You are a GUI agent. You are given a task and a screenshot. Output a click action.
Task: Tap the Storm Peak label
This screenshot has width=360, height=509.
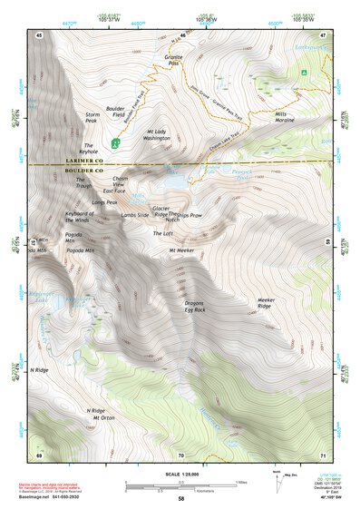point(92,119)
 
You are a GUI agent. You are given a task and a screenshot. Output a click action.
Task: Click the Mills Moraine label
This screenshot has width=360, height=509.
point(287,118)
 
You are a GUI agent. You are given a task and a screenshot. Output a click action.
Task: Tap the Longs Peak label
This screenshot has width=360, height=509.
point(105,202)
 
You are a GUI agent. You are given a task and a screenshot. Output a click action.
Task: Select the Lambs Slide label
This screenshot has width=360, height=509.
point(129,215)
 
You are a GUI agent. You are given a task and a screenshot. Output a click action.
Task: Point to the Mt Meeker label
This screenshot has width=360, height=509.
point(181,250)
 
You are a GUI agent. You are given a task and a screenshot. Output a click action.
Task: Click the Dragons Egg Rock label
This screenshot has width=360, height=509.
point(195,308)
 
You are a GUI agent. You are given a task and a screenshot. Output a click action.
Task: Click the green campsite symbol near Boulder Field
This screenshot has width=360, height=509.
point(115,142)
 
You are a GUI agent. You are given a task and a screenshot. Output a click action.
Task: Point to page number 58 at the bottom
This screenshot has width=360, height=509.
point(181,499)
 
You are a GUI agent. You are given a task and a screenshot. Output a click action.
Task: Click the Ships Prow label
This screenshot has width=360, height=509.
point(190,214)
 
